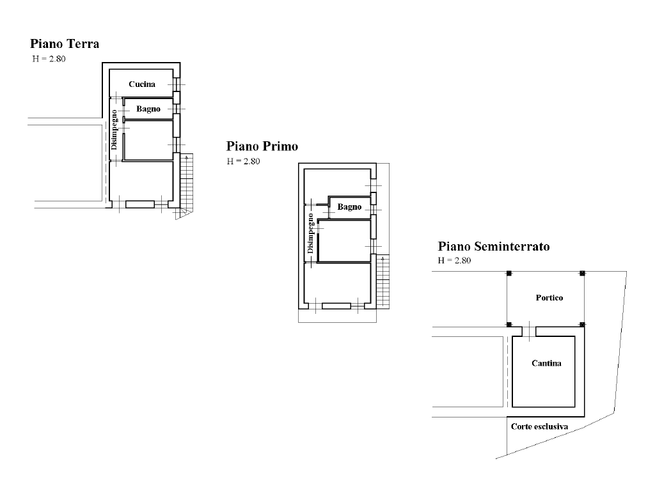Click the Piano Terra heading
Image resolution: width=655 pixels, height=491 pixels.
65,44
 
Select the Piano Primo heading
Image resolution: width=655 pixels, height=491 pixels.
262,146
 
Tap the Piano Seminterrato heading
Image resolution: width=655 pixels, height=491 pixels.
494,246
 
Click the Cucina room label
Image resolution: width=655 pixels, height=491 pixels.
142,84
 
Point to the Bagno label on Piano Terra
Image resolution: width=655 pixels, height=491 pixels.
148,109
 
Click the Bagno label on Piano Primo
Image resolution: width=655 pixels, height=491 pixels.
350,207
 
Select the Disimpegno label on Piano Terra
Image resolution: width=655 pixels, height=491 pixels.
114,130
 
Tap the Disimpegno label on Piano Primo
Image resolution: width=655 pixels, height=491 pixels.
310,233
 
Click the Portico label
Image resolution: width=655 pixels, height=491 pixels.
549,298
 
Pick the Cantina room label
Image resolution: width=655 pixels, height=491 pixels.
546,363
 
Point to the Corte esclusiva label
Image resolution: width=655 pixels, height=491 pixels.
539,426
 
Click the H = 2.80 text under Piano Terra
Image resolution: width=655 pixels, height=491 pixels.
49,59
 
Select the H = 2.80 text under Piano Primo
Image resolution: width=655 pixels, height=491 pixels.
244,161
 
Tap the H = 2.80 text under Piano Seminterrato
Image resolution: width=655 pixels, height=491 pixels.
455,261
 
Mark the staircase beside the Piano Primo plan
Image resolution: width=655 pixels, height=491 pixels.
383,282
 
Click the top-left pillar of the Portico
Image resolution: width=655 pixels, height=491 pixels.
509,274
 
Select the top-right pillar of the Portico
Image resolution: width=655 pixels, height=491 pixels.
582,274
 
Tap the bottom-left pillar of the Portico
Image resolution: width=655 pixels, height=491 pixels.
509,324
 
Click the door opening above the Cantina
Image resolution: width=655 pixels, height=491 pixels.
529,331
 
